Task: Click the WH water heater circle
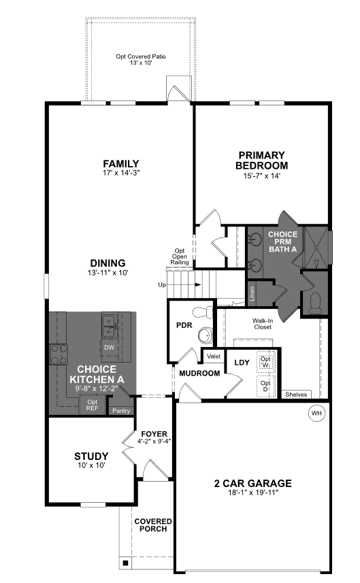316,413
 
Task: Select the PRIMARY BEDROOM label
262,161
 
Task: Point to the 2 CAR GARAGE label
253,484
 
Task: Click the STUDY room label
91,456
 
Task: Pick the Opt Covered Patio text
141,56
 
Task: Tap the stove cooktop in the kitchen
59,354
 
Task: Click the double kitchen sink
110,326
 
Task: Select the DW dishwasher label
110,348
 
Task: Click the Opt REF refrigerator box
93,405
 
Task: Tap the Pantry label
121,411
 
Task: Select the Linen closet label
252,293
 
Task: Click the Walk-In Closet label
263,324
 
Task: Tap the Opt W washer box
266,362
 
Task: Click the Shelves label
296,395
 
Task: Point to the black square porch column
125,563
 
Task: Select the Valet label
214,356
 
